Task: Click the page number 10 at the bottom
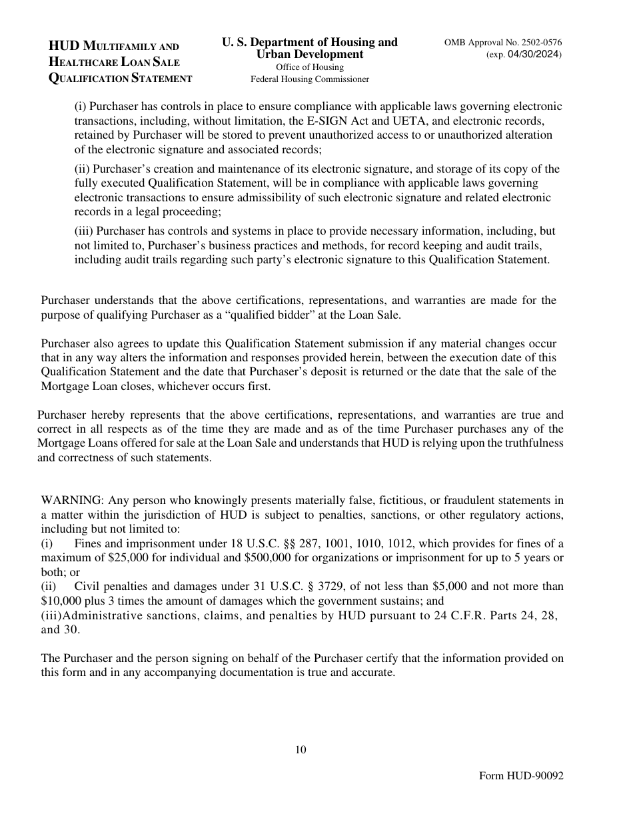click(301, 750)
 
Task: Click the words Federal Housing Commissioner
click(310, 79)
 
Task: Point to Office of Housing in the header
click(309, 67)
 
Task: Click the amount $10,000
click(62, 601)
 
